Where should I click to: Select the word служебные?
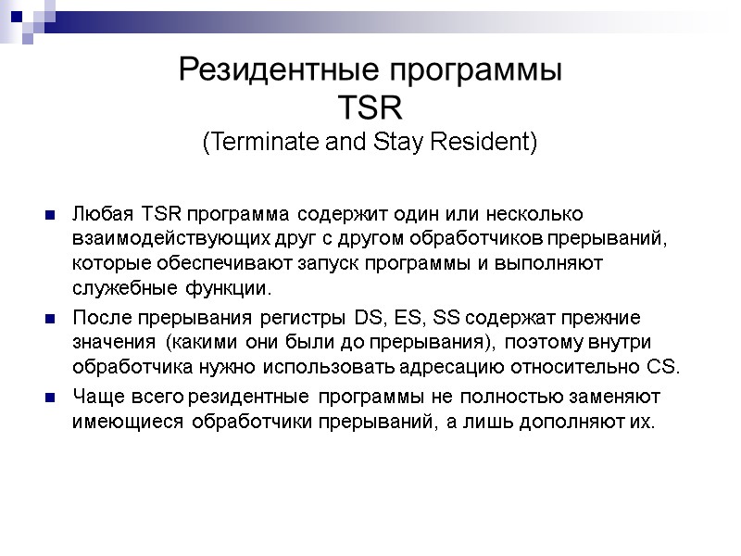119,287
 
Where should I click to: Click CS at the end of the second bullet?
664,367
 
